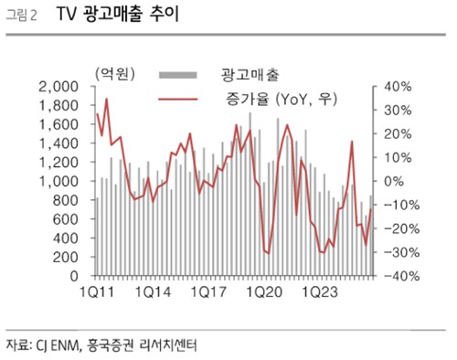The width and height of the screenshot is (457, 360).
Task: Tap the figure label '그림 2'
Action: click(26, 17)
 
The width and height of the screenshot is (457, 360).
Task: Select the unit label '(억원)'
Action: click(112, 71)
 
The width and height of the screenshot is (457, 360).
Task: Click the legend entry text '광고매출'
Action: click(251, 71)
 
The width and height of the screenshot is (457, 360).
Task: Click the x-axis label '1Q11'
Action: click(96, 293)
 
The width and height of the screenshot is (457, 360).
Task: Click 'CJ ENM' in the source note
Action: click(58, 345)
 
